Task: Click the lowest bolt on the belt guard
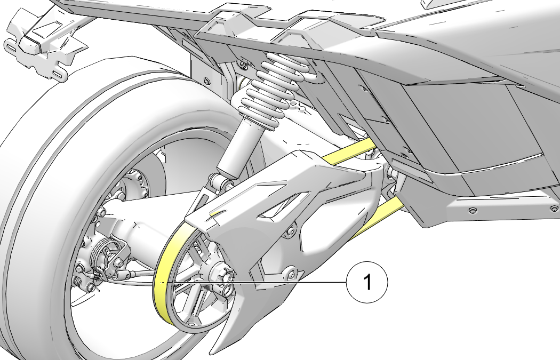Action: pyautogui.click(x=290, y=274)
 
